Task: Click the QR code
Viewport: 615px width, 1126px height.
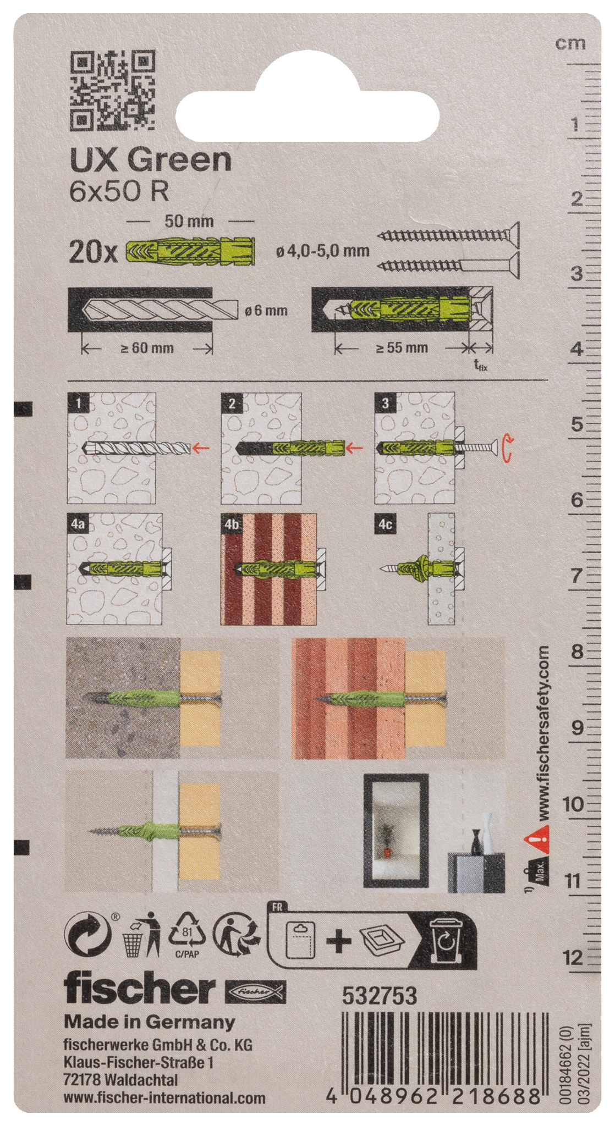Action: [x=112, y=91]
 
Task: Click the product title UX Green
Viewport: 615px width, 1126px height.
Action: [x=151, y=160]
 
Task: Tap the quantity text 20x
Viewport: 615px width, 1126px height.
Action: [x=93, y=252]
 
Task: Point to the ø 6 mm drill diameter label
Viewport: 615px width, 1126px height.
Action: [x=266, y=311]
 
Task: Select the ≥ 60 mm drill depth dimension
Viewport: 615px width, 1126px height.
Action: [x=147, y=348]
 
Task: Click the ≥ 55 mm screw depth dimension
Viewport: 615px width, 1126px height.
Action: [x=402, y=347]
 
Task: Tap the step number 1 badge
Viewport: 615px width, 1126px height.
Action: [x=78, y=403]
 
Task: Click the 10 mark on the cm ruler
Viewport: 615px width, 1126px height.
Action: [x=572, y=804]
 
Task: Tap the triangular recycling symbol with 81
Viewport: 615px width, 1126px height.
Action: [x=187, y=935]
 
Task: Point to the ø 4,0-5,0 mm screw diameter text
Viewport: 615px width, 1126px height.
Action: [x=322, y=251]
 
